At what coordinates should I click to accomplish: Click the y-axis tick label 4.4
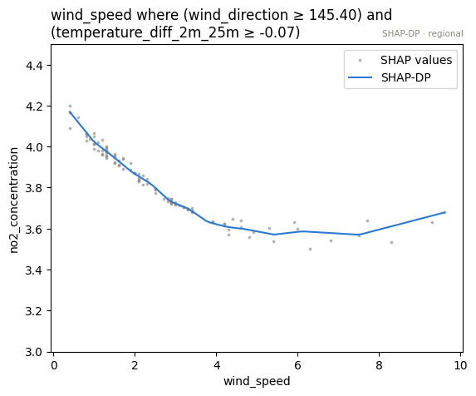click(34, 66)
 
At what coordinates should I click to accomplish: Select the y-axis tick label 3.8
click(34, 188)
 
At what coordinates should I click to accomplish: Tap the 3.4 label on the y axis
click(34, 270)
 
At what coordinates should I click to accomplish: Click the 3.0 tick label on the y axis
click(34, 352)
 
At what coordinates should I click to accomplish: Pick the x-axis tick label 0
click(54, 365)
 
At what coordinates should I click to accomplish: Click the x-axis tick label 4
click(217, 365)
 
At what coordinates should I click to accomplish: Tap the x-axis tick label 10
click(460, 365)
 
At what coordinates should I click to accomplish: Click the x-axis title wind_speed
click(257, 381)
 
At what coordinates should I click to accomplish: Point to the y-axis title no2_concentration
click(14, 200)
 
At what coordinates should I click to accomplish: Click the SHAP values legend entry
click(416, 60)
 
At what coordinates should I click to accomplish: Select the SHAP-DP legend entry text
click(406, 78)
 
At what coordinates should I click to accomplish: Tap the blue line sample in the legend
click(360, 78)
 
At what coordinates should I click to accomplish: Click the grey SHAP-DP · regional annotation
click(423, 34)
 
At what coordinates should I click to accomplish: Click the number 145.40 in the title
click(332, 15)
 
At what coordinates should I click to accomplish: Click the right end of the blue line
click(444, 212)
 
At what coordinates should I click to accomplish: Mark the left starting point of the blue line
click(70, 111)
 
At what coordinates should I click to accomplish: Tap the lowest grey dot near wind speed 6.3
click(310, 250)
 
